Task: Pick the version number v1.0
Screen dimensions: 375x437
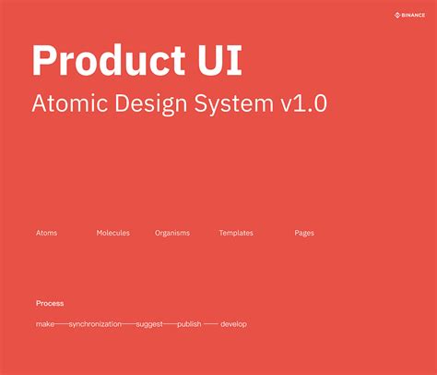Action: click(305, 103)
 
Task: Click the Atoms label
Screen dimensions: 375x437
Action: click(46, 233)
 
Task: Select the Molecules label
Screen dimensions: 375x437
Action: click(113, 233)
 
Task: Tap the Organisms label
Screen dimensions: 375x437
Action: click(172, 233)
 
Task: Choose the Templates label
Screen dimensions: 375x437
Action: click(236, 233)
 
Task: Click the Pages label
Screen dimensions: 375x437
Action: click(304, 233)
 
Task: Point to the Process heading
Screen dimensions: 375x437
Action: click(50, 303)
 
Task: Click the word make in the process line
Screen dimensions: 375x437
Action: click(45, 324)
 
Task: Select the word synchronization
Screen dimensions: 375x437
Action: click(95, 324)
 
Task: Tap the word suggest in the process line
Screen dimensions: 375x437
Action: click(149, 324)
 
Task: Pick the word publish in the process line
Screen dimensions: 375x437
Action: click(189, 324)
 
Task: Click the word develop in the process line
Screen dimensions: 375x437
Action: click(233, 324)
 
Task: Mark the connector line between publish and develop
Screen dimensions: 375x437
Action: click(210, 324)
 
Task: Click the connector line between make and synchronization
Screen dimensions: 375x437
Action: click(62, 324)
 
